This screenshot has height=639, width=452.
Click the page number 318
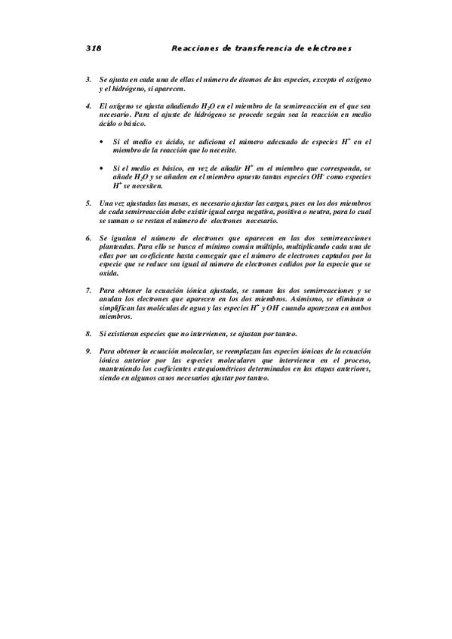pos(94,47)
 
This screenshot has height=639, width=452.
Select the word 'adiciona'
pos(201,142)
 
